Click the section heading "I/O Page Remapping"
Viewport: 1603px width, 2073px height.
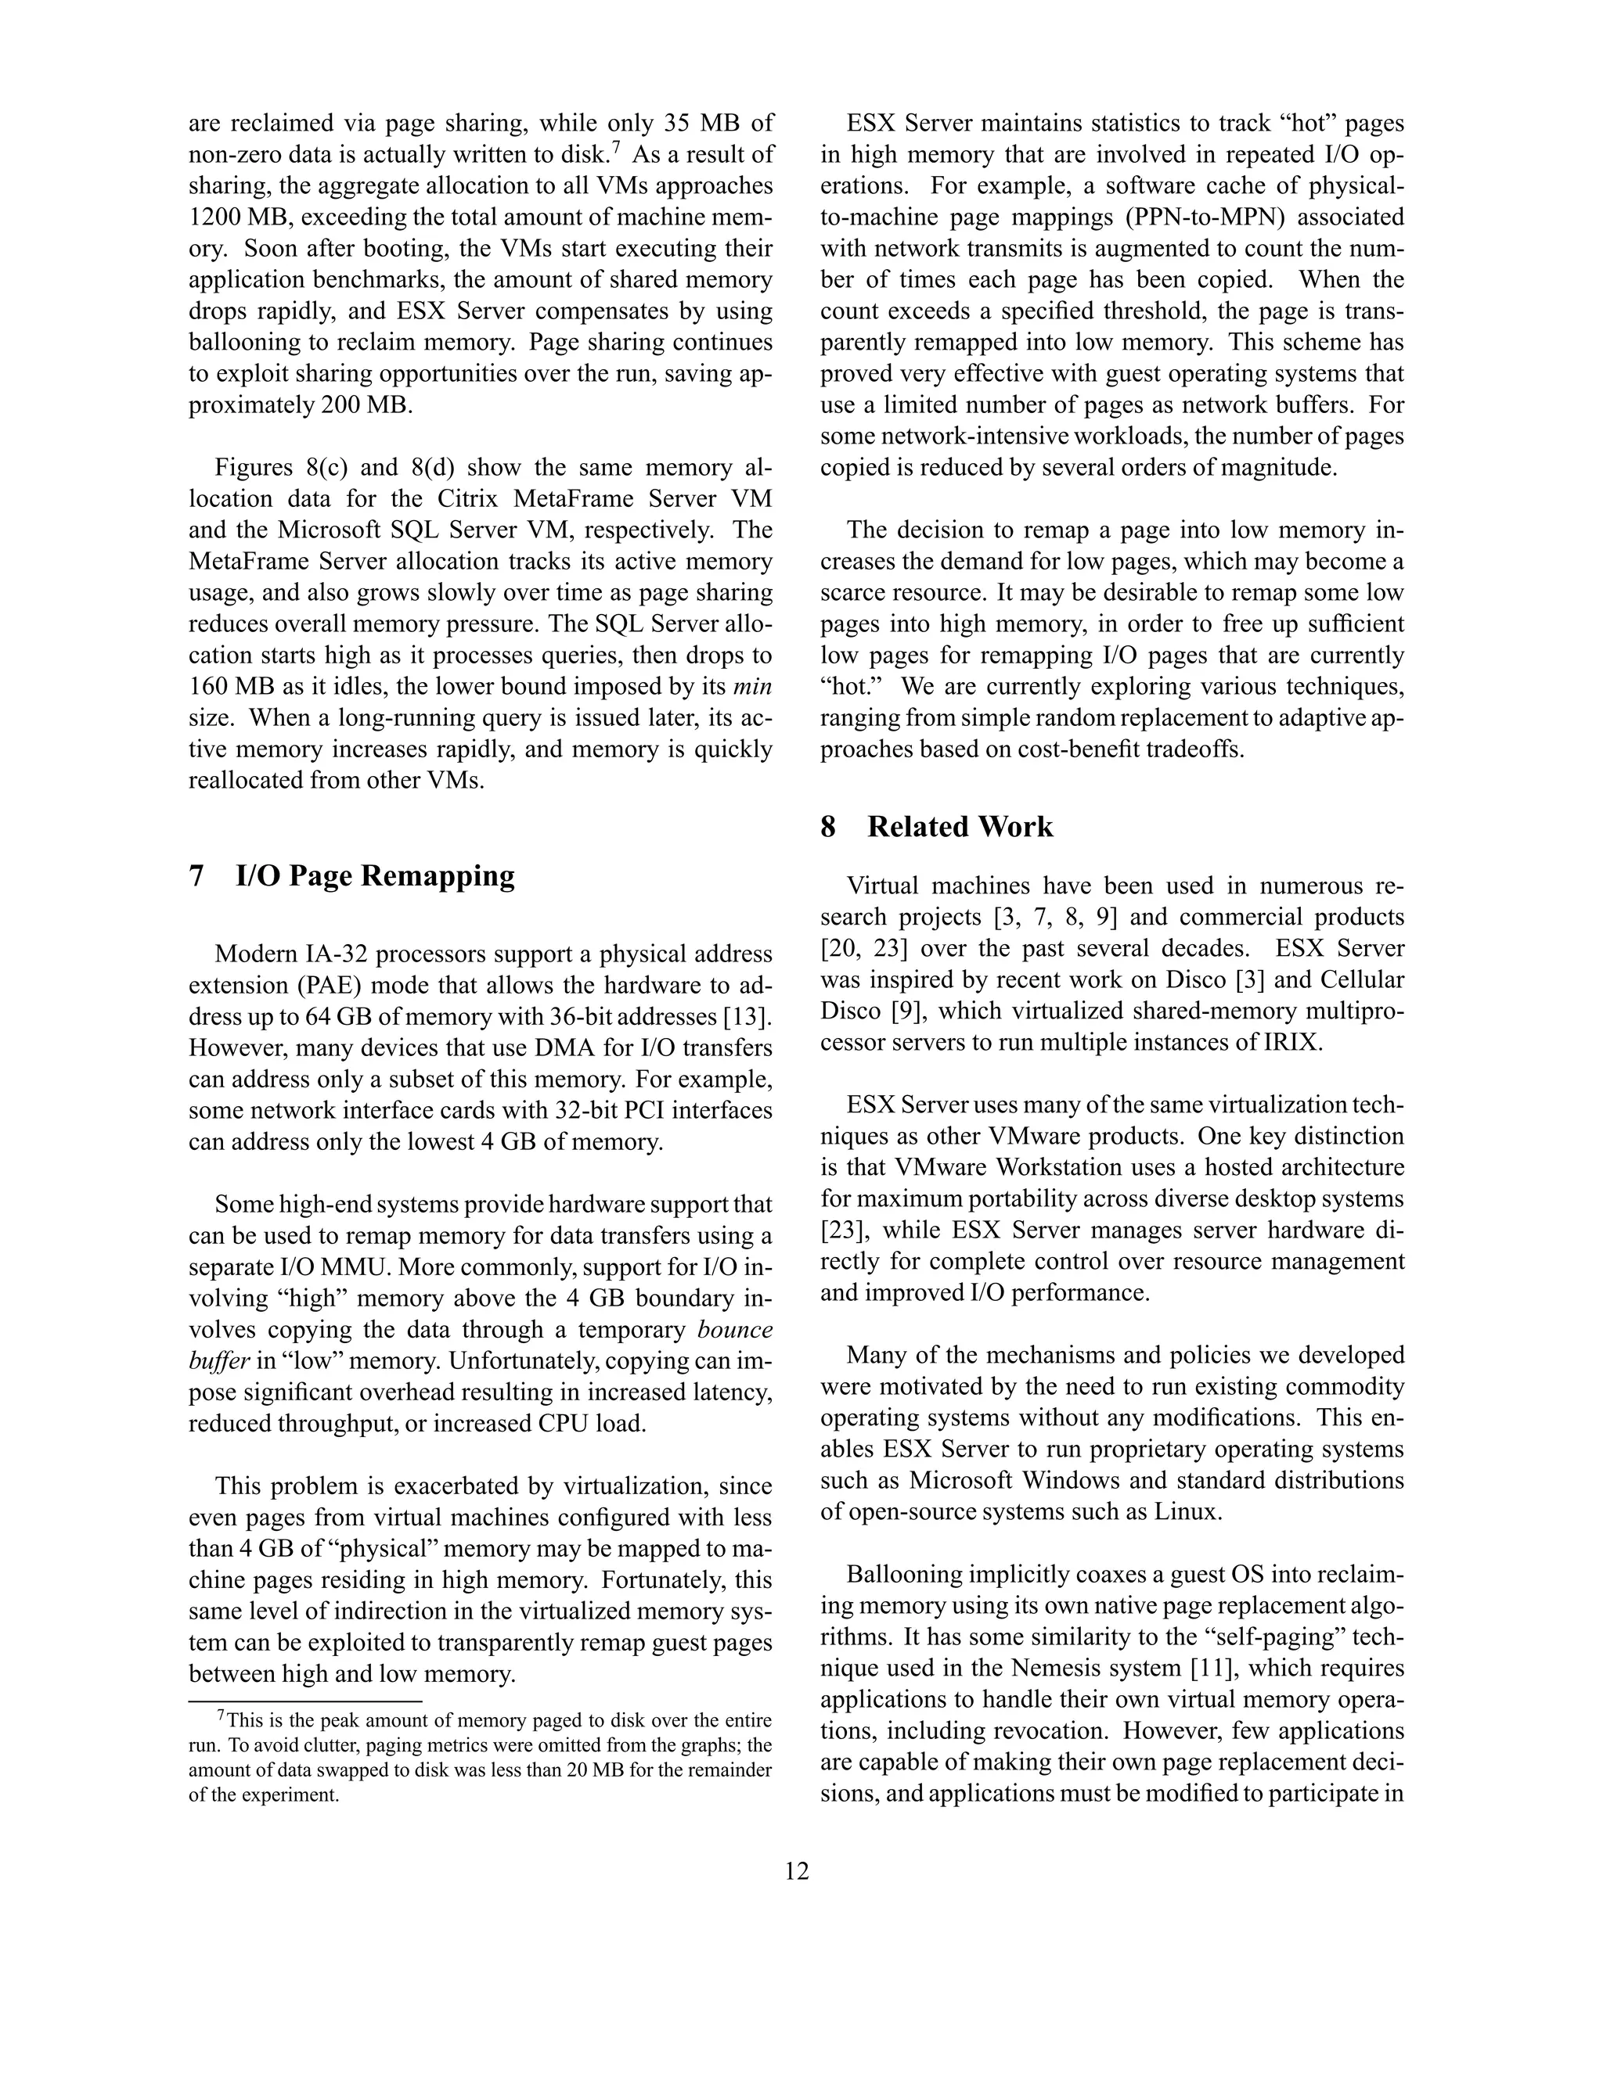(375, 875)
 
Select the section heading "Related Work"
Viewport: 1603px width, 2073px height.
(960, 827)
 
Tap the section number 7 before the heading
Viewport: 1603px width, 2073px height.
(196, 875)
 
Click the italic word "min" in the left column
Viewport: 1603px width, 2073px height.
(753, 686)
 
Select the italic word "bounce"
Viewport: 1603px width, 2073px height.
(734, 1329)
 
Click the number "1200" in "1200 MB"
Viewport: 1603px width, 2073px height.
(217, 217)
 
